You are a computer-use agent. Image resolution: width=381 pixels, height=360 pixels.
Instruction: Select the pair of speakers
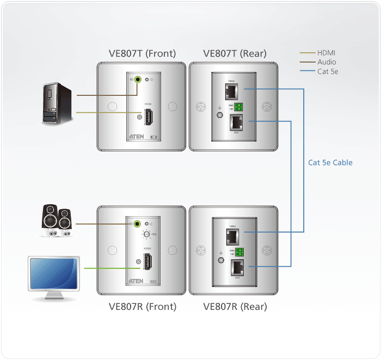[56, 221]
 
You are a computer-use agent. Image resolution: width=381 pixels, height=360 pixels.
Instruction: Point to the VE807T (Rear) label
[235, 53]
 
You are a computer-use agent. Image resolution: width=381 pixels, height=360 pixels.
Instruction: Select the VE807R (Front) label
[143, 307]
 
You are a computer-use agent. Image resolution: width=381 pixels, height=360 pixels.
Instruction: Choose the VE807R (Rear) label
[235, 307]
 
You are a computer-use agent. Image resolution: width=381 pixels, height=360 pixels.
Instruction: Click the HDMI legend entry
[327, 53]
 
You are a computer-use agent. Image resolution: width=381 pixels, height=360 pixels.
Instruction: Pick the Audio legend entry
[327, 62]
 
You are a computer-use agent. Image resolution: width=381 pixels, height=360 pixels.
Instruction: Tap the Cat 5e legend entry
[328, 71]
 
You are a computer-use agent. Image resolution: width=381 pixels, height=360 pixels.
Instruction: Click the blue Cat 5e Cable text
[330, 162]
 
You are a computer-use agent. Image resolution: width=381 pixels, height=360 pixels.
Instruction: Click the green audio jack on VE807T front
[138, 80]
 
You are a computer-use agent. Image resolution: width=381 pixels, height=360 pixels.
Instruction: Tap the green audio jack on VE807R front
[138, 223]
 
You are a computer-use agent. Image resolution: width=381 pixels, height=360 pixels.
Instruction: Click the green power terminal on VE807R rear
[238, 251]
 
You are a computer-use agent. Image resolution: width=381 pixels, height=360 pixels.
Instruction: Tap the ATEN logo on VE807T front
[136, 136]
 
